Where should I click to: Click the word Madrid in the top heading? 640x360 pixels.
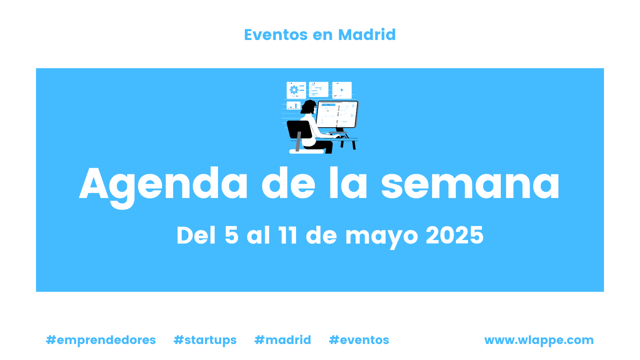pyautogui.click(x=367, y=34)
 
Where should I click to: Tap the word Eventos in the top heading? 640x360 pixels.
pyautogui.click(x=276, y=35)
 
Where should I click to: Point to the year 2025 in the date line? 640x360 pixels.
pyautogui.click(x=454, y=235)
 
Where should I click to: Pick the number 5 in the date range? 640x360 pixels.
pyautogui.click(x=232, y=235)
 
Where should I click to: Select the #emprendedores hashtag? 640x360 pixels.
pyautogui.click(x=101, y=340)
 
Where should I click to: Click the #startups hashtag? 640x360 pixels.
pyautogui.click(x=205, y=340)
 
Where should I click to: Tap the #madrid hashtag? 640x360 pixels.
pyautogui.click(x=282, y=340)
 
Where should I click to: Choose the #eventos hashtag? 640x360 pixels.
pyautogui.click(x=359, y=340)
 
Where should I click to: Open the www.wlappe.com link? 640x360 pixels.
pyautogui.click(x=539, y=340)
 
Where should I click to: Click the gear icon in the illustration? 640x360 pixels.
pyautogui.click(x=294, y=90)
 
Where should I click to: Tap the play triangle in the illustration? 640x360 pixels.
pyautogui.click(x=342, y=90)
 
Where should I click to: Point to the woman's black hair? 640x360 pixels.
pyautogui.click(x=308, y=106)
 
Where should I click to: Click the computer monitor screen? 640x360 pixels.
pyautogui.click(x=337, y=114)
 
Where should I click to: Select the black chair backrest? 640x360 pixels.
pyautogui.click(x=299, y=130)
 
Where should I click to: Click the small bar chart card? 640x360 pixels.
pyautogui.click(x=294, y=106)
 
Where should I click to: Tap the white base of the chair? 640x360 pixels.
pyautogui.click(x=306, y=152)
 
